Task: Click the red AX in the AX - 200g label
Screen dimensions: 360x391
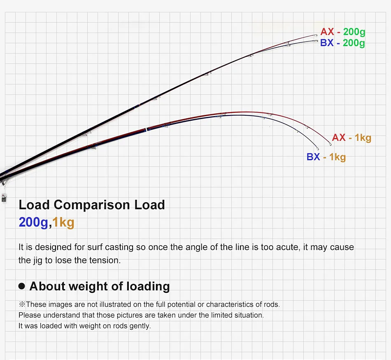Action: click(x=328, y=32)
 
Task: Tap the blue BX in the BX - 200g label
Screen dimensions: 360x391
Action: click(x=327, y=43)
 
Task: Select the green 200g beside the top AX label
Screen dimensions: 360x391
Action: click(x=354, y=32)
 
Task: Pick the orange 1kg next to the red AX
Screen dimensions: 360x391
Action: click(x=363, y=138)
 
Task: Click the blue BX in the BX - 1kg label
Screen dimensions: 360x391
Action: click(x=313, y=157)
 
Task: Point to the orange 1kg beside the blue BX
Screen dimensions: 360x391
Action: click(x=337, y=157)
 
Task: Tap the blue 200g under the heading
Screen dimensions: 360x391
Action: click(x=33, y=222)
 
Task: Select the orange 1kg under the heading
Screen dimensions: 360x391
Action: click(x=63, y=222)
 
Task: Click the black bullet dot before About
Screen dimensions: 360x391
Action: click(x=22, y=286)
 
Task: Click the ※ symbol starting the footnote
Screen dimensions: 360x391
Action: click(x=22, y=305)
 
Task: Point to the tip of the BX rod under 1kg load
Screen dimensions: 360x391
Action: click(x=318, y=150)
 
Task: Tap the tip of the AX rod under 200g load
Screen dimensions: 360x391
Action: click(x=317, y=35)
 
